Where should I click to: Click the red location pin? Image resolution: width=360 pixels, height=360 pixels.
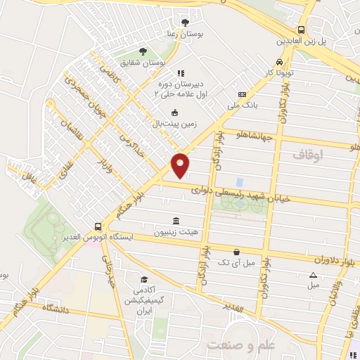tap(181, 165)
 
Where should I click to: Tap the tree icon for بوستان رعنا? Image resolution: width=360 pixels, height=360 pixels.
tap(185, 22)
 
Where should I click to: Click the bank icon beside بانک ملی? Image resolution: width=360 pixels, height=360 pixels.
tap(243, 95)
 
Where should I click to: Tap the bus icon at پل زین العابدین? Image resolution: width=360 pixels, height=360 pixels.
tap(301, 30)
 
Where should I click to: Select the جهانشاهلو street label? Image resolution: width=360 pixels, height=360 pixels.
tap(262, 135)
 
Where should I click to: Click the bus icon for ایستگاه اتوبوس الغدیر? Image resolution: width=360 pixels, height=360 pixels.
tap(97, 226)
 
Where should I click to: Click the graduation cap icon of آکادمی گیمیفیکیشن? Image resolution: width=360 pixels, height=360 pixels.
tap(143, 280)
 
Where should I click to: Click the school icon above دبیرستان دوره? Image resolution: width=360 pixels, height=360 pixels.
tap(181, 72)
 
